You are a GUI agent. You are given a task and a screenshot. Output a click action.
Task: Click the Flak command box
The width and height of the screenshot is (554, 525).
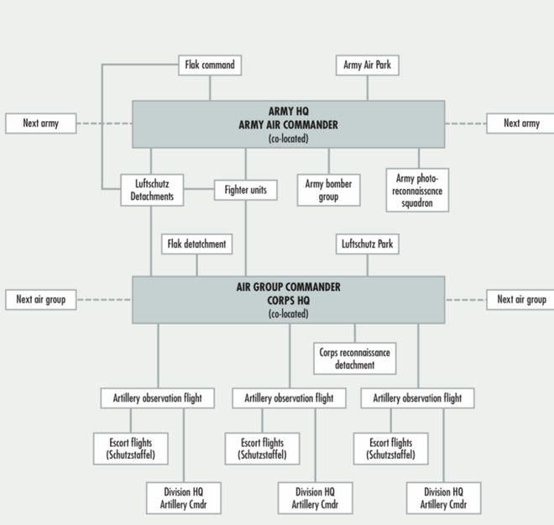(210, 65)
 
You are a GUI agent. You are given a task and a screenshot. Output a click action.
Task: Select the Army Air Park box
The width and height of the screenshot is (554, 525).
(368, 65)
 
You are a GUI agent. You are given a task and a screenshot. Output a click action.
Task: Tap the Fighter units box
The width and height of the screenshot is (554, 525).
(245, 190)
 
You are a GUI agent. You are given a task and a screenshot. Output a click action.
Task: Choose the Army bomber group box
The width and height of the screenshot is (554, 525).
(328, 190)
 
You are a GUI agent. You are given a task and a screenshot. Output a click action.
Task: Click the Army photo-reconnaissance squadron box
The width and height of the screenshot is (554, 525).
(417, 190)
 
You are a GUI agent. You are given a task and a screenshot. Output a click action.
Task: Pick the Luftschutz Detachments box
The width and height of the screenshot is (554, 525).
(152, 190)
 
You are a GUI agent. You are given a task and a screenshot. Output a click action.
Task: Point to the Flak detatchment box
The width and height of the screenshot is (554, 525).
(197, 244)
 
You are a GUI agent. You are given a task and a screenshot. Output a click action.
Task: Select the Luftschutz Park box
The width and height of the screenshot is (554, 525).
(368, 244)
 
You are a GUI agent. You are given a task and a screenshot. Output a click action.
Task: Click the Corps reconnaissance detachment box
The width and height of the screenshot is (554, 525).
(354, 359)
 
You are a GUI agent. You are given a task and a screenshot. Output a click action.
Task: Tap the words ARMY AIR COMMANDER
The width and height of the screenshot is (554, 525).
(288, 124)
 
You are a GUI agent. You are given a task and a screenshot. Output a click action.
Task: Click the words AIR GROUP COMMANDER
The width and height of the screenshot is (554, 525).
(288, 287)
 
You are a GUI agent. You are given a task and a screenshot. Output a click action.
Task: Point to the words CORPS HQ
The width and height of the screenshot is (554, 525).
(288, 301)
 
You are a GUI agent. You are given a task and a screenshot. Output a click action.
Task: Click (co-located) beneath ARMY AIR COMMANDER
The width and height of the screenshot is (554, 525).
(288, 138)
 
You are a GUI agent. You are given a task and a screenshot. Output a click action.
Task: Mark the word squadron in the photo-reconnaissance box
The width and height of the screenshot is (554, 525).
(417, 202)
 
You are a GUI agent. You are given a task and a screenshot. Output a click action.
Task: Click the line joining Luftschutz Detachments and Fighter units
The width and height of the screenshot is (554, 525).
(199, 190)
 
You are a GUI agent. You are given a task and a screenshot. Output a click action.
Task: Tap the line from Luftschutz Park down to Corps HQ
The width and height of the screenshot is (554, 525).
(368, 265)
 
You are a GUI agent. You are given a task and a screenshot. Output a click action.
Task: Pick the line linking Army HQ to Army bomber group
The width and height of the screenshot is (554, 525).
(328, 160)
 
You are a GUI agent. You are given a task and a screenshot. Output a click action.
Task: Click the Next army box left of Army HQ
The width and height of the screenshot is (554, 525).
(40, 123)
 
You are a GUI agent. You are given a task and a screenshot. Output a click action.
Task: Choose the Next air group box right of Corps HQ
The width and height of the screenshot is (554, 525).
(520, 299)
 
